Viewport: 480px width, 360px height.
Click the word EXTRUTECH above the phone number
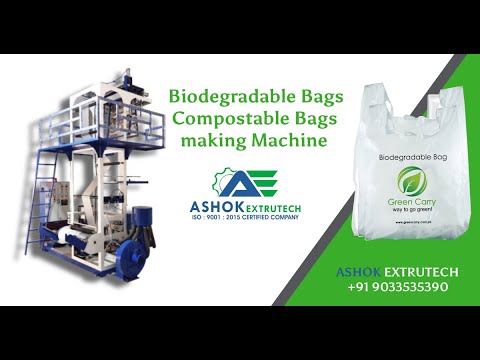[x=418, y=270]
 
